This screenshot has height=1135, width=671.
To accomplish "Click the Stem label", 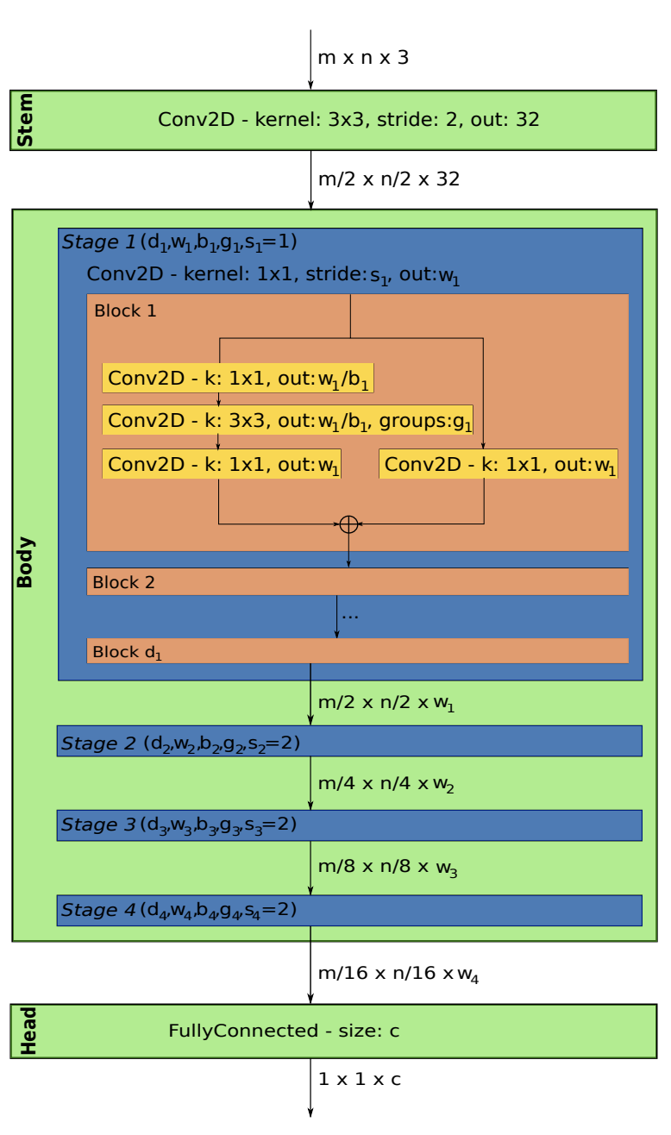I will pyautogui.click(x=25, y=121).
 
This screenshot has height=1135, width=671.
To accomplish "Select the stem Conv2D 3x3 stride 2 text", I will pyautogui.click(x=348, y=120).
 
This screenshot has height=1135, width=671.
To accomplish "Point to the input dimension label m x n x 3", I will pyautogui.click(x=363, y=58).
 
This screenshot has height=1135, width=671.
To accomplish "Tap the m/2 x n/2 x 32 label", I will pyautogui.click(x=389, y=179).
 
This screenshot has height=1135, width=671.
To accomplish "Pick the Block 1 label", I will pyautogui.click(x=125, y=310).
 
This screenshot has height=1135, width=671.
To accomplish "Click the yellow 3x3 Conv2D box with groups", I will pyautogui.click(x=288, y=420).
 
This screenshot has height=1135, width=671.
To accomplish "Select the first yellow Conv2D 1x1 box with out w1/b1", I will pyautogui.click(x=238, y=378).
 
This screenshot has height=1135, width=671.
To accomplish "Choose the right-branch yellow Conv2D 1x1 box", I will pyautogui.click(x=499, y=464).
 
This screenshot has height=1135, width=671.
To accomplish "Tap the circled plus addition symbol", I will pyautogui.click(x=348, y=524).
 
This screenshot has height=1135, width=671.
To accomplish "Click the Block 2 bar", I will pyautogui.click(x=357, y=582).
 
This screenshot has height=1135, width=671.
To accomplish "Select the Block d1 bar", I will pyautogui.click(x=357, y=651).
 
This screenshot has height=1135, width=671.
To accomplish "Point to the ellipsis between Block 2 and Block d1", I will pyautogui.click(x=349, y=616).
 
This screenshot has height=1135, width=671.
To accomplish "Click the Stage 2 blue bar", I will pyautogui.click(x=349, y=741).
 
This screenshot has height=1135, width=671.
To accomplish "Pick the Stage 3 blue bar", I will pyautogui.click(x=349, y=825).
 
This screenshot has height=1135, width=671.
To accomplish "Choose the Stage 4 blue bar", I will pyautogui.click(x=349, y=910).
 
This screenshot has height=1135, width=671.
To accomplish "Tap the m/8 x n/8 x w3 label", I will pyautogui.click(x=387, y=868).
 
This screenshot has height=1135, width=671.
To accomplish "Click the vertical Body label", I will pyautogui.click(x=25, y=562).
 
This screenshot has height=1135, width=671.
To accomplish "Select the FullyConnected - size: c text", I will pyautogui.click(x=284, y=1031).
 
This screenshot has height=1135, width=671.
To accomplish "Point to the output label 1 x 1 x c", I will pyautogui.click(x=360, y=1079).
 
